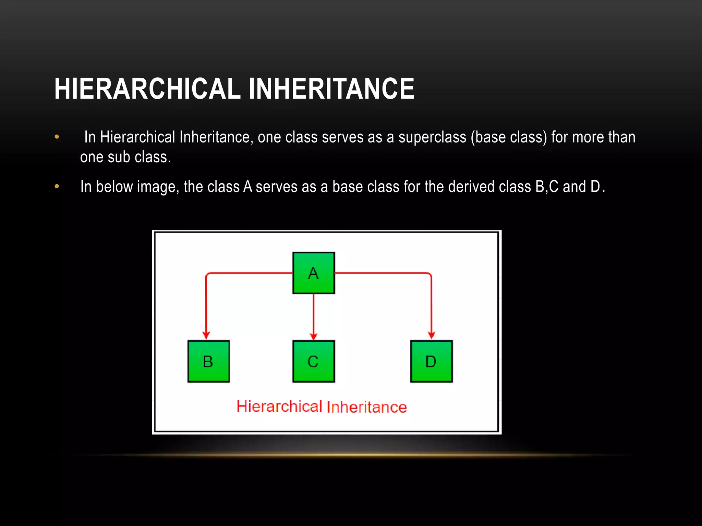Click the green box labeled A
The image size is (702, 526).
(x=313, y=273)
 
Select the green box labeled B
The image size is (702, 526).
(x=208, y=361)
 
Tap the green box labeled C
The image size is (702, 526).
(x=313, y=361)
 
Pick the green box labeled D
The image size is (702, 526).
(x=431, y=361)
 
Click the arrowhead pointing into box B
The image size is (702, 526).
(x=206, y=335)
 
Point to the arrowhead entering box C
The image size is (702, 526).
(x=313, y=336)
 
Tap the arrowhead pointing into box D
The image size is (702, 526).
(x=431, y=335)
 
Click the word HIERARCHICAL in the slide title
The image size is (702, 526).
(x=147, y=89)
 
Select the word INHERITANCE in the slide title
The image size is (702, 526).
(x=331, y=89)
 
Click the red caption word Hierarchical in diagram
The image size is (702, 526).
(x=279, y=407)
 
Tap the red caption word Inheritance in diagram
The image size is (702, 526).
(x=366, y=407)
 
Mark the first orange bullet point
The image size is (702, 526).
(x=57, y=137)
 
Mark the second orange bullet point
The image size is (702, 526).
(x=57, y=187)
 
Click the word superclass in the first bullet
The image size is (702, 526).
(x=432, y=137)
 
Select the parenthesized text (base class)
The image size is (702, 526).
(x=509, y=137)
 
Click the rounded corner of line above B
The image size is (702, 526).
(x=207, y=274)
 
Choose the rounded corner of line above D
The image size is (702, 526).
(x=430, y=274)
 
